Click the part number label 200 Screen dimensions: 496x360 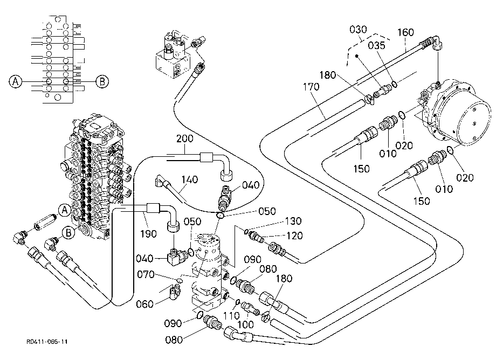point(185,139)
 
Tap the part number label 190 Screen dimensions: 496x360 point(148,234)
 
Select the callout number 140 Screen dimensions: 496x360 point(189,179)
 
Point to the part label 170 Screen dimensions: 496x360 point(311,87)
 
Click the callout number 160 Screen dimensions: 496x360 point(405,32)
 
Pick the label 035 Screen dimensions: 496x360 point(376,45)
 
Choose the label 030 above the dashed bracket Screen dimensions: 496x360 point(358,30)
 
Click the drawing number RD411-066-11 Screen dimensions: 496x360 point(47,342)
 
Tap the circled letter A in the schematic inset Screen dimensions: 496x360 point(15,81)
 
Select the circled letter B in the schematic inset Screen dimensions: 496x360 point(102,81)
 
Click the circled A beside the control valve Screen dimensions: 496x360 point(65,210)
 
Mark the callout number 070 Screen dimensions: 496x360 point(146,274)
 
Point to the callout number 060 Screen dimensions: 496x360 point(144,304)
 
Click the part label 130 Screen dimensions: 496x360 point(293,221)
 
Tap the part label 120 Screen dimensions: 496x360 point(294,236)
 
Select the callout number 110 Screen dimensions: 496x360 point(231,315)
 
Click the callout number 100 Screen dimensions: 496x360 point(245,324)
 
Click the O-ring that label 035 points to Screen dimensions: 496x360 point(395,84)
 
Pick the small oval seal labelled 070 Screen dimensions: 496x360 point(180,280)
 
